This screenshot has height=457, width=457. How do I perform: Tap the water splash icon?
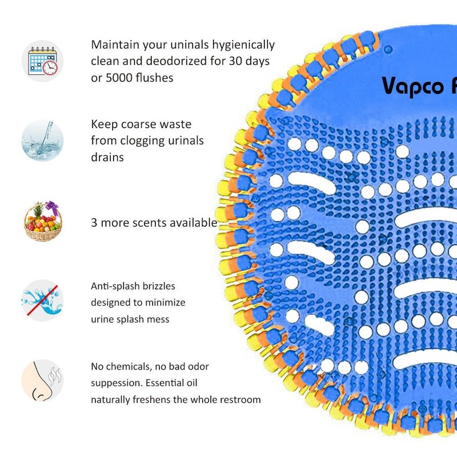pyautogui.click(x=43, y=140)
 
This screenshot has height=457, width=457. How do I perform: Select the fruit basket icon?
pyautogui.click(x=43, y=221)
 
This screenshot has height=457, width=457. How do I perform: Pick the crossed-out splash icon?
pyautogui.click(x=43, y=300)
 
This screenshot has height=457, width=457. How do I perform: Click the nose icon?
pyautogui.click(x=43, y=380)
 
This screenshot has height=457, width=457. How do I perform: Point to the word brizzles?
pyautogui.click(x=157, y=286)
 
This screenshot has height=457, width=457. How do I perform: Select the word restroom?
pyautogui.click(x=238, y=399)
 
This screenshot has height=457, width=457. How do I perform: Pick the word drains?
pyautogui.click(x=107, y=157)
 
